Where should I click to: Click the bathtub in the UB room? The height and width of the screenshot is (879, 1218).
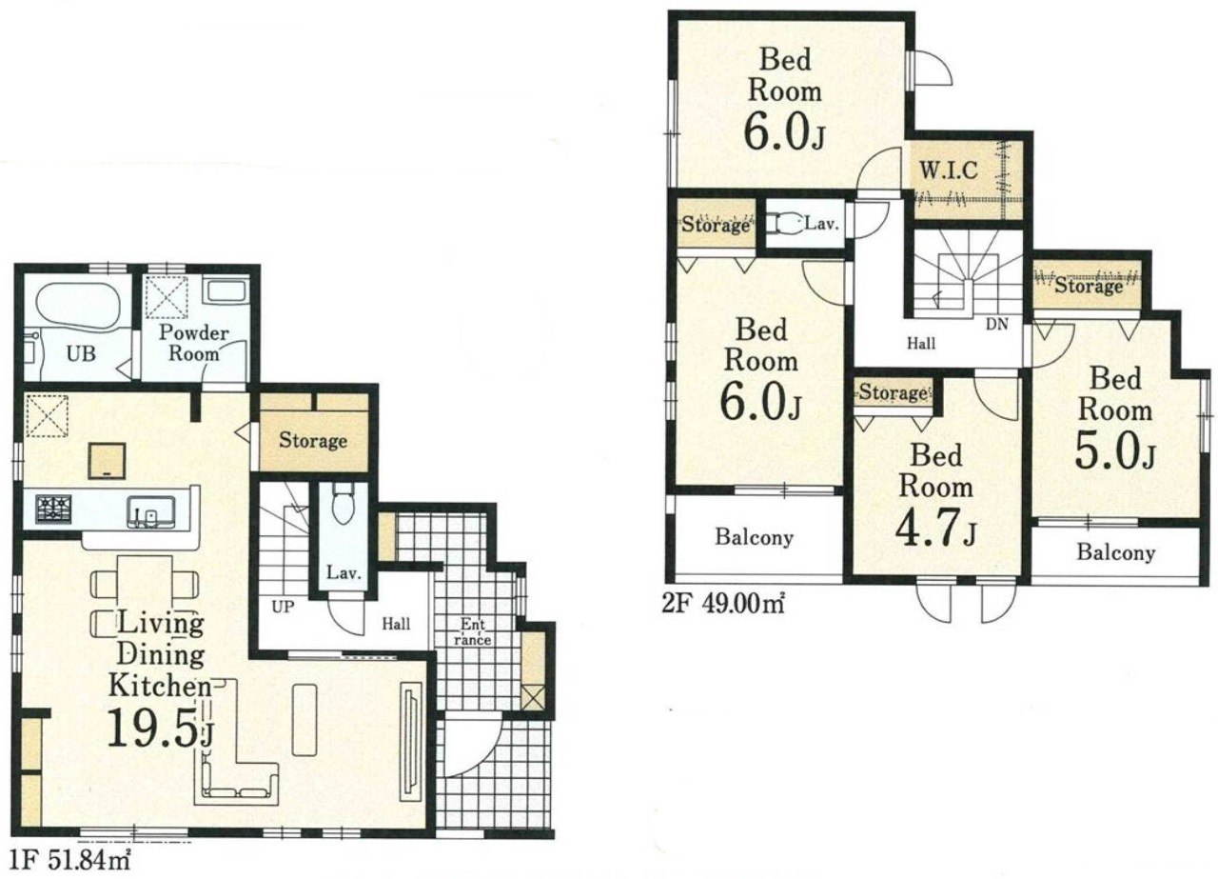(78, 307)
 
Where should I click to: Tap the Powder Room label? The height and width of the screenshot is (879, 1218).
(193, 344)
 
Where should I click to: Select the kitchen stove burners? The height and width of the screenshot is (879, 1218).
(53, 509)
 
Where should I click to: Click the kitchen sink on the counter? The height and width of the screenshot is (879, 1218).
(151, 511)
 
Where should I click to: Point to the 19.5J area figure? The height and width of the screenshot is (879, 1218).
(161, 729)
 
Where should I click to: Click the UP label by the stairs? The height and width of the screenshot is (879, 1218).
(283, 607)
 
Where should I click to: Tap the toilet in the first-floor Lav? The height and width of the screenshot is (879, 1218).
(344, 503)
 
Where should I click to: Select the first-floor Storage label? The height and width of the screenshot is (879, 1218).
(313, 440)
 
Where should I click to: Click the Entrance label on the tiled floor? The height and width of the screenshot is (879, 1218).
(473, 631)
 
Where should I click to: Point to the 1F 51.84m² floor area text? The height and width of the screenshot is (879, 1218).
(71, 861)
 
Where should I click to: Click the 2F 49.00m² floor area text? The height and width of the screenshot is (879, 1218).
(722, 604)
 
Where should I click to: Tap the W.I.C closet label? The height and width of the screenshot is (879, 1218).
(949, 170)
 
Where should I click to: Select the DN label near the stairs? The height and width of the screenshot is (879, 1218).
(997, 325)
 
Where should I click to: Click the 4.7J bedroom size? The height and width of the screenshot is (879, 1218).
(935, 527)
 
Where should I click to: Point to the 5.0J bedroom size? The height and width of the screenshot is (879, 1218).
(1114, 450)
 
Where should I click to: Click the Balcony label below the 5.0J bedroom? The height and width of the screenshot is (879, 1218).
(1116, 552)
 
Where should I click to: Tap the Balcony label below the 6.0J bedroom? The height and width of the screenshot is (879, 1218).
(755, 537)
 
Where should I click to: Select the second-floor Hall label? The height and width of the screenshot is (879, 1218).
(921, 344)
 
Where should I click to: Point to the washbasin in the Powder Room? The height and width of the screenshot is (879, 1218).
(226, 291)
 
